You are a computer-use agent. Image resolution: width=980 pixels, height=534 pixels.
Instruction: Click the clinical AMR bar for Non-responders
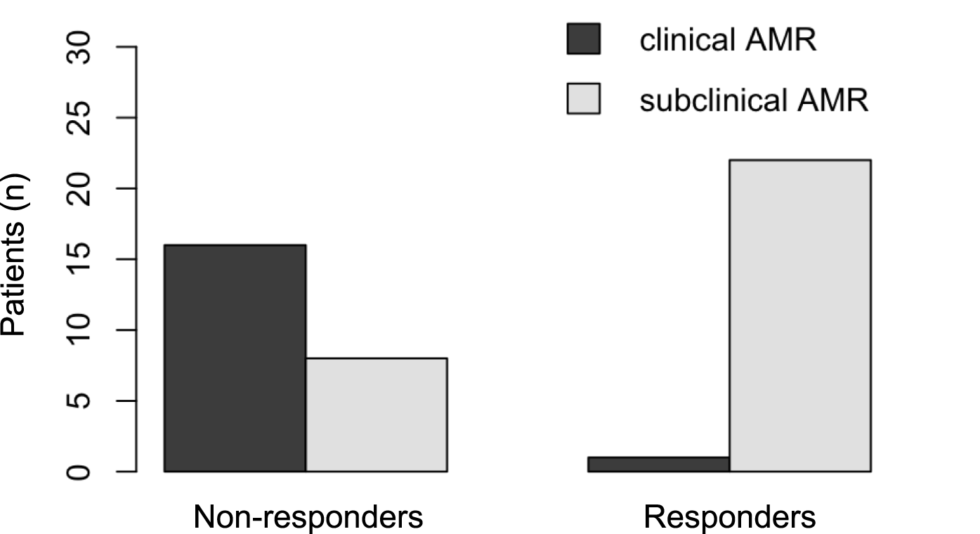(235, 358)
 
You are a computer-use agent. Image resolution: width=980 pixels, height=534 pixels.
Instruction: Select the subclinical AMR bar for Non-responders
(376, 415)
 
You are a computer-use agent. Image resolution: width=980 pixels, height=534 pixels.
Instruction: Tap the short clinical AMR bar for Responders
(658, 464)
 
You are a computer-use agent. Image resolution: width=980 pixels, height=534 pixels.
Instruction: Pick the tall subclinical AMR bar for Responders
(800, 315)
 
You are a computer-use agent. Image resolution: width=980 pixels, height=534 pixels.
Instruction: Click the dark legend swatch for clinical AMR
(583, 39)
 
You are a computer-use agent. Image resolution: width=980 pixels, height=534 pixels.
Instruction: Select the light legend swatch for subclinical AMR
(583, 98)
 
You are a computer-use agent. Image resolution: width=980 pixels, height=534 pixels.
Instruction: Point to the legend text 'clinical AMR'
(728, 40)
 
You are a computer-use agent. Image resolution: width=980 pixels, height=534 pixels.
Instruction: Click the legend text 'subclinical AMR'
(754, 100)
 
